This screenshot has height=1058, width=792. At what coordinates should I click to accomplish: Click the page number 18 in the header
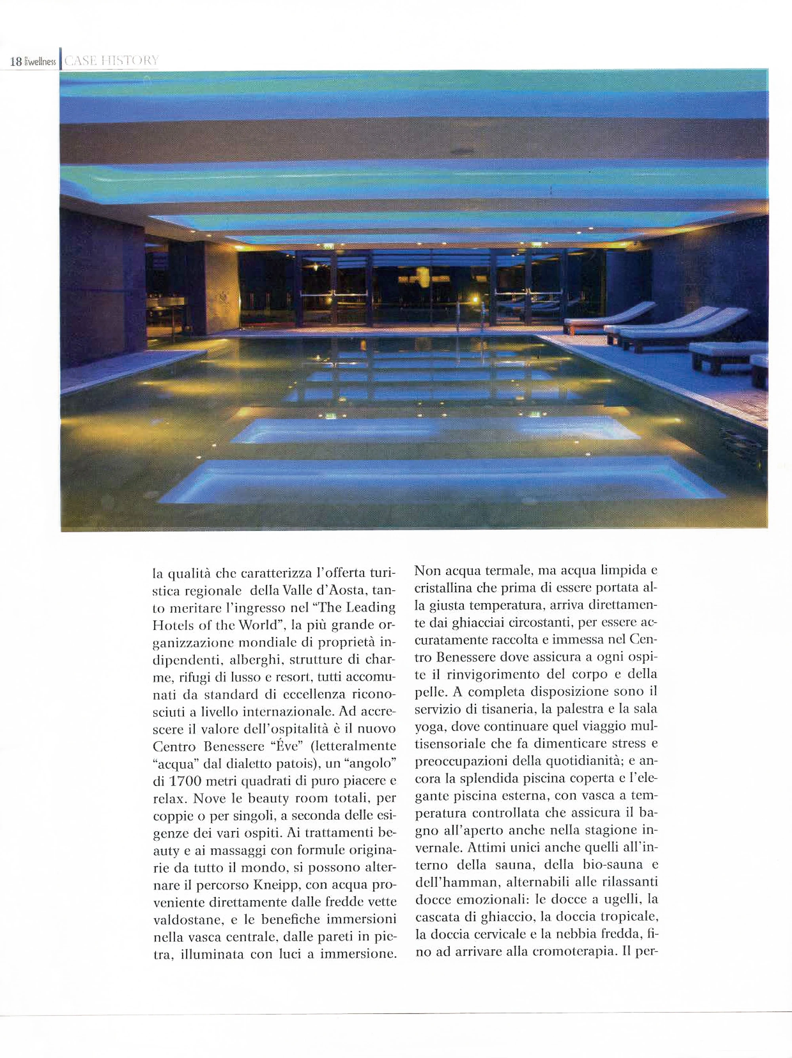pos(16,62)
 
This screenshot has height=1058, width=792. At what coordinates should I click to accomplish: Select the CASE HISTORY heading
pos(111,61)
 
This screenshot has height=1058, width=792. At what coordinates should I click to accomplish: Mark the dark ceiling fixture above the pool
pos(461,152)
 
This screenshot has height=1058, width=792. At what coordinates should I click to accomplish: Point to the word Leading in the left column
pos(371,608)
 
